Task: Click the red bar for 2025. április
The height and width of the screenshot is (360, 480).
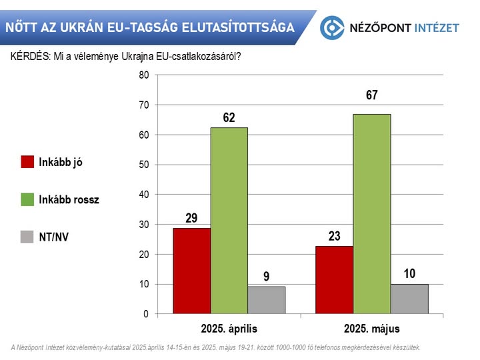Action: (x=192, y=271)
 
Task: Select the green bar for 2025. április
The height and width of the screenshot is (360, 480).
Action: (x=229, y=221)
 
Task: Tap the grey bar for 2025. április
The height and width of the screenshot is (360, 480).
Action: (x=267, y=300)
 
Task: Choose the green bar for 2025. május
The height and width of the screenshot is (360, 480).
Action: (x=372, y=213)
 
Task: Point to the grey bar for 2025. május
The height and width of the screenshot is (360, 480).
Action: (x=409, y=299)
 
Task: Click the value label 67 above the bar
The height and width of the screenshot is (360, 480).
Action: (x=372, y=96)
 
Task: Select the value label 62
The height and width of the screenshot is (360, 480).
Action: (x=229, y=118)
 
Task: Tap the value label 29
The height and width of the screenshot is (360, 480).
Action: (x=192, y=218)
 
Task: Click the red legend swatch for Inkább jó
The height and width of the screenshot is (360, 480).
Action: (x=27, y=162)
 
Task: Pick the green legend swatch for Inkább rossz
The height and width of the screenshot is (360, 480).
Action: (x=27, y=199)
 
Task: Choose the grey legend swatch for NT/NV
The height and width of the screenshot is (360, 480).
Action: (x=27, y=235)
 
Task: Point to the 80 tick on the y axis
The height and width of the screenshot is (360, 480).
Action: (x=143, y=75)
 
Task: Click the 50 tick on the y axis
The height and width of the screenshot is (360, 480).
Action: (x=143, y=165)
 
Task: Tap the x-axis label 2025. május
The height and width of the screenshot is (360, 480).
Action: (x=372, y=329)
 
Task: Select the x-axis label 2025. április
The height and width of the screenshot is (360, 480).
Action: (x=229, y=329)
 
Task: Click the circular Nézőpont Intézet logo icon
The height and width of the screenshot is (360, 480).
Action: (x=332, y=27)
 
